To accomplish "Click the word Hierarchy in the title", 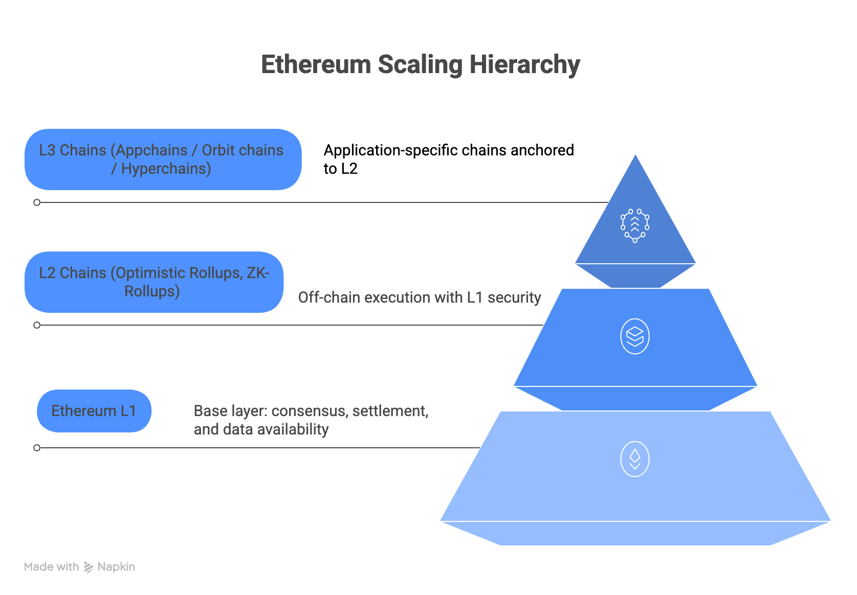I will (524, 65).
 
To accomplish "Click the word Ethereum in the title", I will (316, 65).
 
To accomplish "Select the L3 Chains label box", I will (163, 159).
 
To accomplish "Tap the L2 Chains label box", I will (154, 282).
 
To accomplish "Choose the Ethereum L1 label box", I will (94, 411).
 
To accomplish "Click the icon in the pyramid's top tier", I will (635, 225).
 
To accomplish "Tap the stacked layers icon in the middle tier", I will (635, 336).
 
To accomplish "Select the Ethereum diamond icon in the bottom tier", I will (635, 459).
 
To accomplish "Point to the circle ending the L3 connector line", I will (37, 202).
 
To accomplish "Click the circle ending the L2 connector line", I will (37, 325).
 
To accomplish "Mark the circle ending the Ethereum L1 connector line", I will (37, 448).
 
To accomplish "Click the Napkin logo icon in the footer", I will (89, 567).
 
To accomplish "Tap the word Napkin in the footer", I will (116, 567).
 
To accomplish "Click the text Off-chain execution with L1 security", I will (420, 297).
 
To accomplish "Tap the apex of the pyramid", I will (635, 155).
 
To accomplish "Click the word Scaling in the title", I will (420, 65).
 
